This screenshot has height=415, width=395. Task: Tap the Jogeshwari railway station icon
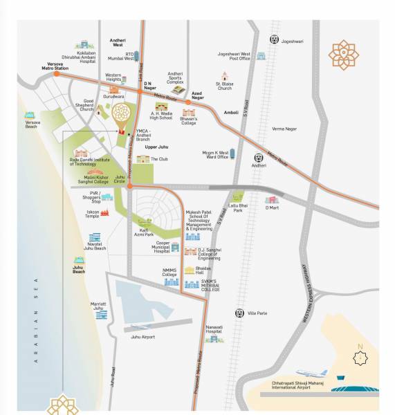click(x=275, y=40)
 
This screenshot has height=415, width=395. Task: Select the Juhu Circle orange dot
click(x=129, y=186)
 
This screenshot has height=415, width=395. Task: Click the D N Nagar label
click(x=150, y=86)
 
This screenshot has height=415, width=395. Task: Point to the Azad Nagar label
click(x=198, y=96)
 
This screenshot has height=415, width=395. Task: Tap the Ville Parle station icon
click(x=239, y=313)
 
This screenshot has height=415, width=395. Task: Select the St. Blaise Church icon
click(x=225, y=76)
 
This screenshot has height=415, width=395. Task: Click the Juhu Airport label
click(x=143, y=337)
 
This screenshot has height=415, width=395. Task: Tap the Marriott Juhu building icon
click(x=102, y=315)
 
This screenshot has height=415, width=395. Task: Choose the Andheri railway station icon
click(x=259, y=158)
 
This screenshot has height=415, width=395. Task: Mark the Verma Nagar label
click(x=284, y=129)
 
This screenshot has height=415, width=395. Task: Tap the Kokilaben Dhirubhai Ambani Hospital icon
click(x=85, y=45)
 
